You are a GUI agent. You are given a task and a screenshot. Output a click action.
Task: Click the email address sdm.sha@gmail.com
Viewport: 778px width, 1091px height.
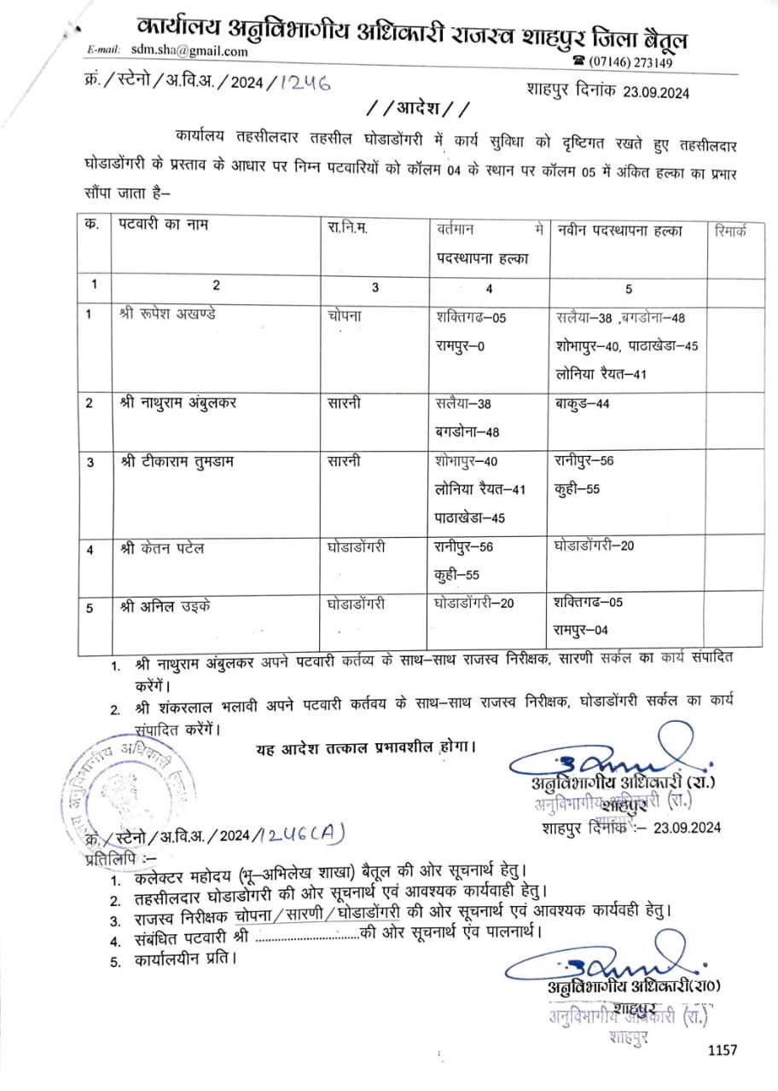[x=189, y=51]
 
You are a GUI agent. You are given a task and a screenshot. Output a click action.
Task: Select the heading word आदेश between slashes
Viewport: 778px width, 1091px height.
[x=416, y=108]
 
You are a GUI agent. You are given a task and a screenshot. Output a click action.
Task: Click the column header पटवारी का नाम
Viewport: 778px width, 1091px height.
[x=165, y=226]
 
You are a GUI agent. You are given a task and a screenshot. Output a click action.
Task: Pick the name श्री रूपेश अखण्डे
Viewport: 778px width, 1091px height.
[x=169, y=314]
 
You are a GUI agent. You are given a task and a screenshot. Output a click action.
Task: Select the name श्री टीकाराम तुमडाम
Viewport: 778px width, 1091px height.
[x=177, y=462]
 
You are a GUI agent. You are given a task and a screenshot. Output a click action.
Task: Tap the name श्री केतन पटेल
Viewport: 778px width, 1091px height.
[x=162, y=548]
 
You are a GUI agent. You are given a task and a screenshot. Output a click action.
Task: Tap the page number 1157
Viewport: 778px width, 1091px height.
[x=722, y=1051]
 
